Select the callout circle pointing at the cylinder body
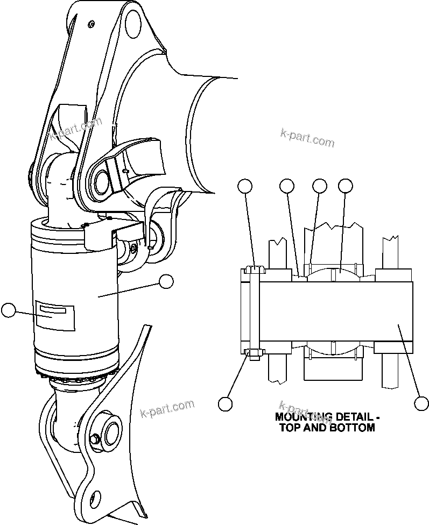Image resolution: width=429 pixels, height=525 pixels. point(166,281)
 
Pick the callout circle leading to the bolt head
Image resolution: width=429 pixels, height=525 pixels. point(245,186)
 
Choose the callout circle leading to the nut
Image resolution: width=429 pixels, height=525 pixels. point(226,403)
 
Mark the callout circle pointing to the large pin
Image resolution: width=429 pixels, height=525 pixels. point(421,403)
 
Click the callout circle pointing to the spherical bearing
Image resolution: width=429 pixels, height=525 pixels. point(346,186)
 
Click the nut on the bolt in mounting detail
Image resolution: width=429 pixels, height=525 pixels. point(254,353)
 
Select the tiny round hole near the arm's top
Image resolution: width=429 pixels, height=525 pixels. point(92,24)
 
